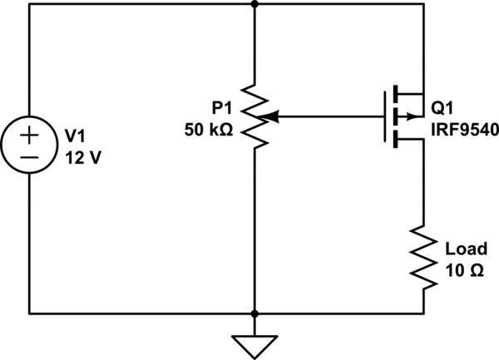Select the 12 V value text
pyautogui.click(x=82, y=157)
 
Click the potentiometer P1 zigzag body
pyautogui.click(x=254, y=116)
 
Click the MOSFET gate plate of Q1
pyautogui.click(x=384, y=117)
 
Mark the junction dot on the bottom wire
pyautogui.click(x=254, y=314)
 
